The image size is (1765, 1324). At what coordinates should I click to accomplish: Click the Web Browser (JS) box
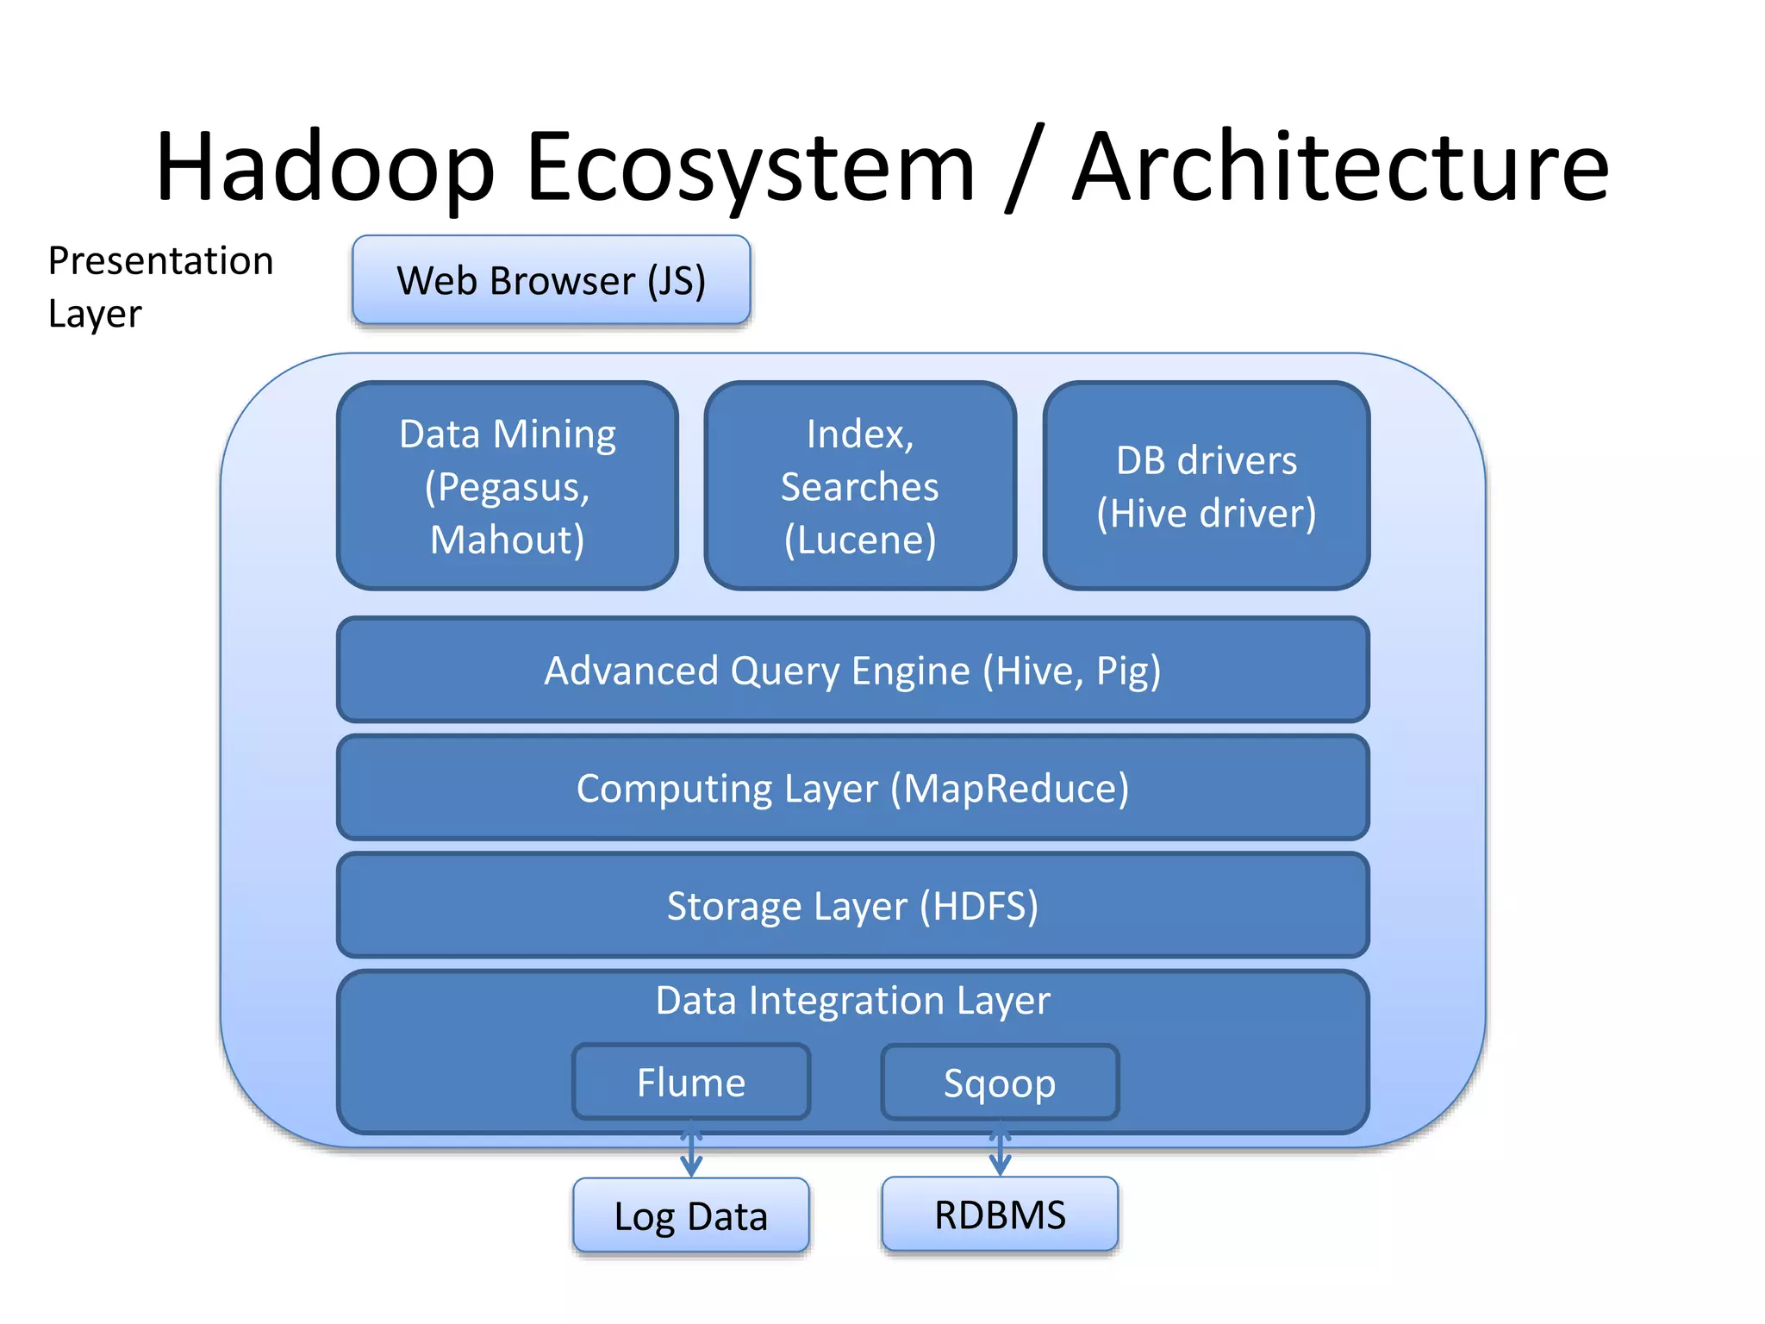click(552, 280)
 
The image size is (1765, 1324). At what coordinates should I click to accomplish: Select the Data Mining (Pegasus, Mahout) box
click(508, 486)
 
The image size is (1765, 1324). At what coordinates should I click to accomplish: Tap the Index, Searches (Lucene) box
click(859, 486)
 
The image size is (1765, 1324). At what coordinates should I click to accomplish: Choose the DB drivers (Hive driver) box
click(1206, 486)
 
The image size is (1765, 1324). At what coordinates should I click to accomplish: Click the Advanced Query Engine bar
click(852, 670)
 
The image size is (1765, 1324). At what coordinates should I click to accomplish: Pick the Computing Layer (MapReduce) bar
click(852, 787)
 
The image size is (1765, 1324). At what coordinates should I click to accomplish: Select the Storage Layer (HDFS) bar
click(852, 905)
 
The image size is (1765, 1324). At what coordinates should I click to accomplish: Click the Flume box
click(691, 1082)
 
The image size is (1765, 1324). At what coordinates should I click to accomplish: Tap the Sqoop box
click(1000, 1082)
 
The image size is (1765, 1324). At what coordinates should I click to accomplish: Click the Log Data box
click(691, 1215)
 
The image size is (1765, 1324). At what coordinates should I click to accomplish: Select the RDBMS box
click(1000, 1214)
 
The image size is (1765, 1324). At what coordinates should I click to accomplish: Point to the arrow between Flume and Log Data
click(691, 1150)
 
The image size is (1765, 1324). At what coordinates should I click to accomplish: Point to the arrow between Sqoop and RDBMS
click(1000, 1150)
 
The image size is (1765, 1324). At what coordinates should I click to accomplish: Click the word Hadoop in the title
click(326, 168)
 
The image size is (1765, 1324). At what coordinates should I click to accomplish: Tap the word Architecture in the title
click(1340, 168)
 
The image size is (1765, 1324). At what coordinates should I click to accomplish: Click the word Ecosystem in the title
click(750, 168)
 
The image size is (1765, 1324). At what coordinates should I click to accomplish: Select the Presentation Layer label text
click(160, 286)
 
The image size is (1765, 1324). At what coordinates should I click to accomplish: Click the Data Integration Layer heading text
click(852, 1001)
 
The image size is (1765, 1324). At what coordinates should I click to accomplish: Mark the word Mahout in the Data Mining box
click(508, 540)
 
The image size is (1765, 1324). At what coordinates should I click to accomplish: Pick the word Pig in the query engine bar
click(1127, 671)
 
